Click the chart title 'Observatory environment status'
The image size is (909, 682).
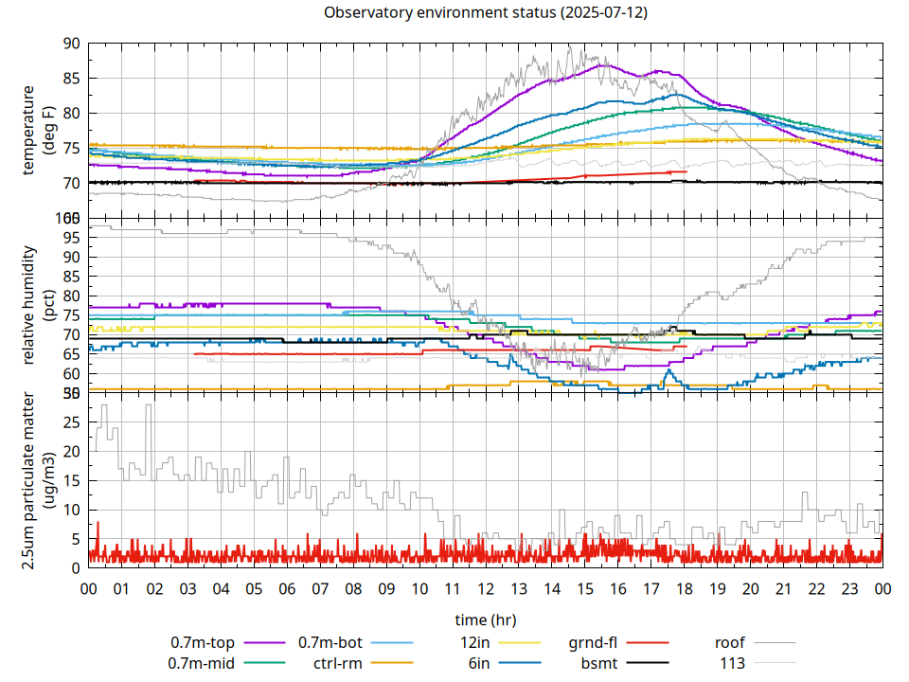[486, 13]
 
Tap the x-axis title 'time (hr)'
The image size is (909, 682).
[485, 620]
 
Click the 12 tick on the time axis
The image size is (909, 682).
[486, 588]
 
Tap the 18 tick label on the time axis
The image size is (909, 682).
[684, 588]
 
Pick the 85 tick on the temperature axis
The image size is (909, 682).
[72, 79]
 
